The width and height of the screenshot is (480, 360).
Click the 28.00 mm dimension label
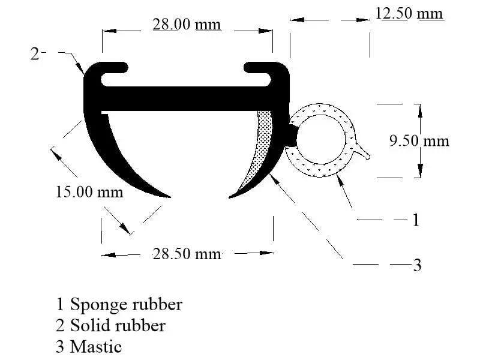pos(187,25)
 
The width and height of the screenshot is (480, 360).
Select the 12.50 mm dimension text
pos(409,14)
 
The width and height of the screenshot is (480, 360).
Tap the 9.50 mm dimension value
pos(419,141)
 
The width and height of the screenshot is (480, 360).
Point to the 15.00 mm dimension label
pos(89,192)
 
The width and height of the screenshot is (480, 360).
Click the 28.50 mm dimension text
pos(187,254)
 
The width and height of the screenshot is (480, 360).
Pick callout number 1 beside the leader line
pos(415,220)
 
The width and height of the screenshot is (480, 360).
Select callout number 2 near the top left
pos(35,54)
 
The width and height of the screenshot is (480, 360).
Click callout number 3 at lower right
pos(417,265)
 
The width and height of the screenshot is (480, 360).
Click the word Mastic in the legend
pos(96,347)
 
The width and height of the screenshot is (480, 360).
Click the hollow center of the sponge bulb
pos(320,139)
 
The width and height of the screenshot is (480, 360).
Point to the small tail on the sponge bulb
pos(363,152)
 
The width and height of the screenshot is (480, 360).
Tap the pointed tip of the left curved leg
pos(170,197)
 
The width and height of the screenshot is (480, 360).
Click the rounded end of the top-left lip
pos(124,68)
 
